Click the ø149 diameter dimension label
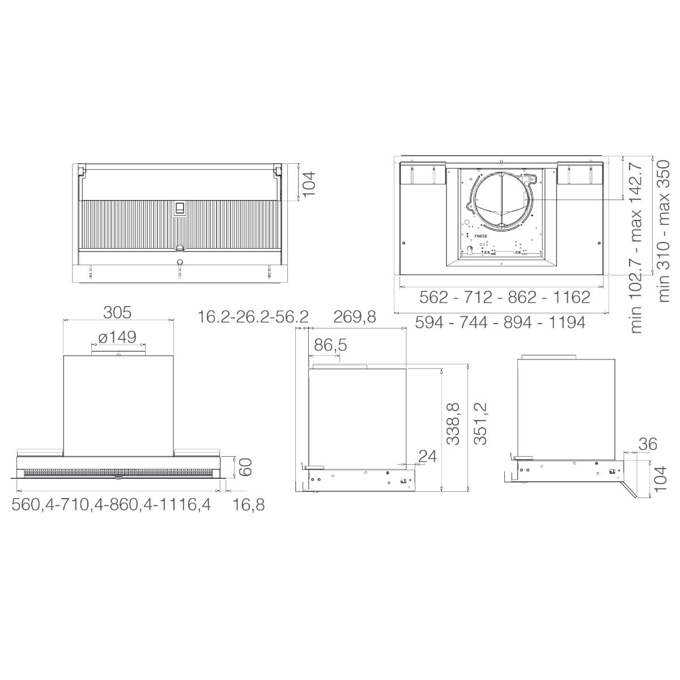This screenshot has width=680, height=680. [x=117, y=337]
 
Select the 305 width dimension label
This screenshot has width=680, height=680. [x=117, y=312]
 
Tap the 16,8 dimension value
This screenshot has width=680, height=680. [x=248, y=505]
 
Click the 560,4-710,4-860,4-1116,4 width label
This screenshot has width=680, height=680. [x=112, y=505]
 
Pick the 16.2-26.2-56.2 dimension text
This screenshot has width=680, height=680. [x=253, y=317]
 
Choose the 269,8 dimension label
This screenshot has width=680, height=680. [x=355, y=317]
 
